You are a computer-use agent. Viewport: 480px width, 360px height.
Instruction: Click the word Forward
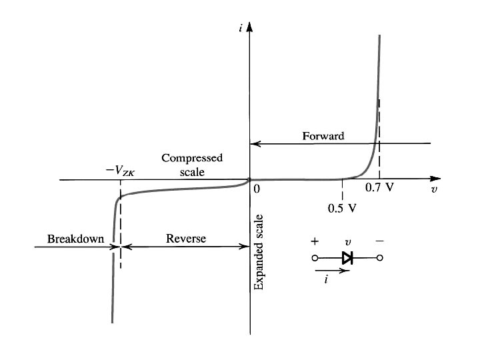click(x=323, y=136)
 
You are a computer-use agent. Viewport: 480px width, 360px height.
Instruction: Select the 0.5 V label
click(x=343, y=207)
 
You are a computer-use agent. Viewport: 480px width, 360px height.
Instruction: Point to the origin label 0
click(x=257, y=189)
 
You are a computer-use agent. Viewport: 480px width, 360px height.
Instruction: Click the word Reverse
click(x=186, y=238)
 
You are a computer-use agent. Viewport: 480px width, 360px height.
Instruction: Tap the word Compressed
click(x=192, y=158)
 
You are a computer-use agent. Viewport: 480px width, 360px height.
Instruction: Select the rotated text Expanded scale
click(x=259, y=253)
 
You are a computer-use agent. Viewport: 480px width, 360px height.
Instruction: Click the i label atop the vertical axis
click(x=241, y=26)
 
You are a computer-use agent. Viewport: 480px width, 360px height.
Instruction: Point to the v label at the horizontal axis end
click(x=435, y=189)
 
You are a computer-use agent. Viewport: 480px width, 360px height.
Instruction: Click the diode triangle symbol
click(x=347, y=257)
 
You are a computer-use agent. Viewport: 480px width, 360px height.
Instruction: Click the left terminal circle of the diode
click(x=314, y=258)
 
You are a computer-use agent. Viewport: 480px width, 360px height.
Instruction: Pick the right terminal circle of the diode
click(x=380, y=258)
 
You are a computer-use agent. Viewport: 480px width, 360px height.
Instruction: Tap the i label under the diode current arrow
click(x=326, y=281)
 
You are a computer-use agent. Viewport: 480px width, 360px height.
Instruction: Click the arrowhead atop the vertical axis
click(x=250, y=28)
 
